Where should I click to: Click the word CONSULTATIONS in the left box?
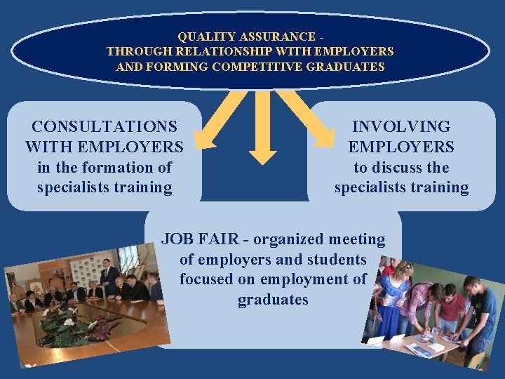[105, 127]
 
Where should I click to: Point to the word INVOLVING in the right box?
[401, 127]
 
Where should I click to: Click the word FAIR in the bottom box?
[219, 240]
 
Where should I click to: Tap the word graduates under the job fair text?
[273, 300]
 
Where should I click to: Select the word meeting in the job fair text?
[357, 240]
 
